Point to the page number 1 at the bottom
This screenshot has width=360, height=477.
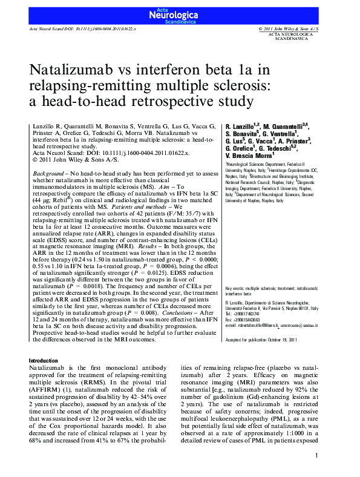(x=316, y=456)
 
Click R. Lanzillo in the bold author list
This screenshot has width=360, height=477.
(x=241, y=125)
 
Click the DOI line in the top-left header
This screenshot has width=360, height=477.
(x=83, y=29)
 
